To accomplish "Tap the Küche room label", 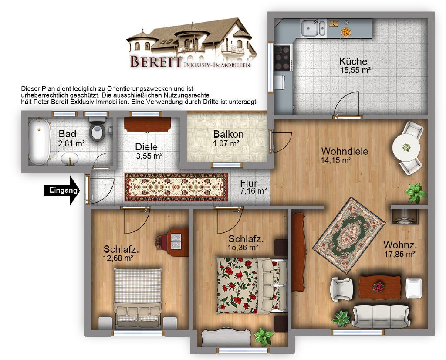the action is coord(353,61).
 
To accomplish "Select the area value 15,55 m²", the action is coord(355,70).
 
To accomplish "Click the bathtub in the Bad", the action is coord(39,142).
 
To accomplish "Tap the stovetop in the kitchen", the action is coord(282,58).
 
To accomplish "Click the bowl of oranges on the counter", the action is coord(346,32).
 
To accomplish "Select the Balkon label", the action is coord(228,134).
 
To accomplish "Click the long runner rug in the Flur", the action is coord(176,187).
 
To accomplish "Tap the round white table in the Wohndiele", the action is coord(406,147).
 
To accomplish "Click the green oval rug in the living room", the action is coord(349,236).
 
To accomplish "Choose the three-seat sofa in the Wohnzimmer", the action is coord(381,316).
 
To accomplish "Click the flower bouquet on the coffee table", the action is coord(378,287).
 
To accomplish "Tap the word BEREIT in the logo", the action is coord(156,61).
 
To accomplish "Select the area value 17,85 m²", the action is coord(400,254).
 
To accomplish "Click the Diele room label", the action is coord(146,147).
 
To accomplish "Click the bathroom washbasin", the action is coord(70,158).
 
